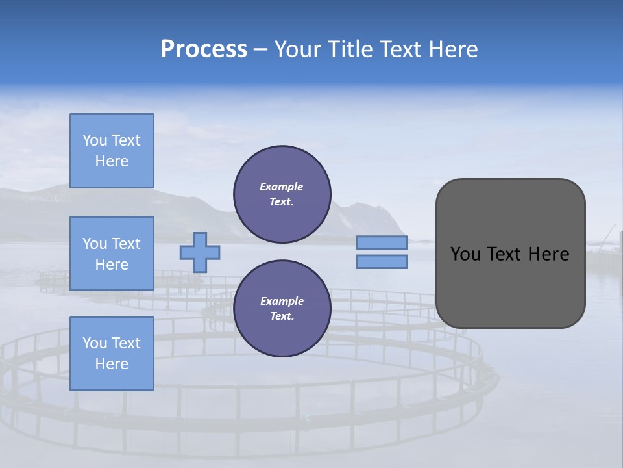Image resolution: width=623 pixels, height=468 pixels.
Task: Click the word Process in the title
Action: click(204, 49)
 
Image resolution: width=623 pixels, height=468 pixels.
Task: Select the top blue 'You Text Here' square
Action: click(112, 151)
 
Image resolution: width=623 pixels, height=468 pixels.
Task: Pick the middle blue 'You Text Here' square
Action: click(112, 253)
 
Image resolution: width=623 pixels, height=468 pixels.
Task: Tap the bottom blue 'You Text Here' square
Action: click(112, 354)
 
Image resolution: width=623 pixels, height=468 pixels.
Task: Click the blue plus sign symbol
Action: click(199, 252)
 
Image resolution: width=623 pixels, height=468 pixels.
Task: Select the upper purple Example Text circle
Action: click(282, 194)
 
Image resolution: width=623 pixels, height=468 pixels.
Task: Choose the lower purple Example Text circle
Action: click(282, 309)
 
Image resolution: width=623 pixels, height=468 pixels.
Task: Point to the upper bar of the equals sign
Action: click(382, 243)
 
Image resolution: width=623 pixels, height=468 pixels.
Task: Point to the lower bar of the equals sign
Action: click(382, 261)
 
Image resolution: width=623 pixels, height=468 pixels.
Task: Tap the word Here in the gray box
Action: click(548, 254)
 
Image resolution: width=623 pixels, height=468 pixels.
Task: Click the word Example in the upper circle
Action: click(282, 187)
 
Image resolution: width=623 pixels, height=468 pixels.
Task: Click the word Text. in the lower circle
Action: click(282, 317)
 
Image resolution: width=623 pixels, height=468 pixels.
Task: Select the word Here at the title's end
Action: click(454, 49)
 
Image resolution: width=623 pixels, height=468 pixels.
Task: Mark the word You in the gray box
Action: click(465, 254)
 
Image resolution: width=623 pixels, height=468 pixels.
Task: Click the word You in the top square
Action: click(95, 140)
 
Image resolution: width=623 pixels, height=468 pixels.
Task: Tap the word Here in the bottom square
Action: click(112, 365)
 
